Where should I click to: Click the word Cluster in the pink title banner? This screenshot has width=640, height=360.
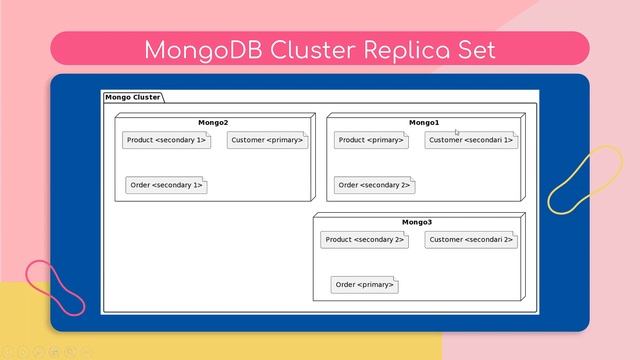coord(299,49)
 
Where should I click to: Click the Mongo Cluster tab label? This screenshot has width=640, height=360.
coord(132,97)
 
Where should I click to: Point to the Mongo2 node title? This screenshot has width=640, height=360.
coord(213,122)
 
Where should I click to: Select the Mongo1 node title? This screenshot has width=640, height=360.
coord(423,122)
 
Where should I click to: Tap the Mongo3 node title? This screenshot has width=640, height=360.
coord(417,222)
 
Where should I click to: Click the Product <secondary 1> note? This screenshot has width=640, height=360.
coord(167,141)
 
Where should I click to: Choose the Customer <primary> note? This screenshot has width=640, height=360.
coord(267,141)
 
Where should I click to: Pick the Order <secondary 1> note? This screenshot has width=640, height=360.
coord(166,185)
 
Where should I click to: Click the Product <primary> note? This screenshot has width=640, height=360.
coord(372,141)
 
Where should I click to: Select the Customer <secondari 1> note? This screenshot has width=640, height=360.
coord(470,141)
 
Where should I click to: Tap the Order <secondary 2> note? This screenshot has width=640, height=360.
coord(374,185)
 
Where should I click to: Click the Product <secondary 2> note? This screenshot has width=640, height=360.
coord(364,240)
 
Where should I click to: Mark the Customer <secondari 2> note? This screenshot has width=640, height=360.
coord(470,240)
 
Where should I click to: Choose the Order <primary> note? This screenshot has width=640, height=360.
coord(364,285)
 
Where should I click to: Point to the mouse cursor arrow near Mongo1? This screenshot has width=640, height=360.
coord(457,131)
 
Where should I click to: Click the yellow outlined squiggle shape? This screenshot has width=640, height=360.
coord(585,180)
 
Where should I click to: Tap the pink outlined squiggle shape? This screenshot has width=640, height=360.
coord(55,289)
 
